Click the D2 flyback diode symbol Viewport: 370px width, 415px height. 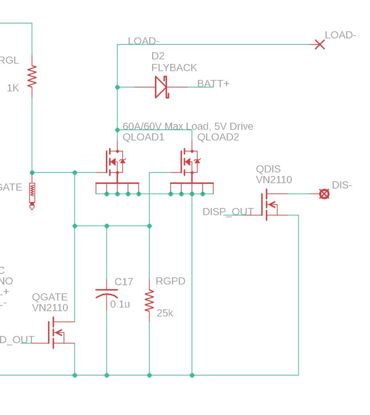161,87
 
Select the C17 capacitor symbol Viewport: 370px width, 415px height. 107,294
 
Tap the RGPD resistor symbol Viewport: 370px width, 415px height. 149,301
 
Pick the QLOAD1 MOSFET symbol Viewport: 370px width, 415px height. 114,162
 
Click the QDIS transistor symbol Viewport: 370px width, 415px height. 268,205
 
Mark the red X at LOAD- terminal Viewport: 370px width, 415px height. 319,44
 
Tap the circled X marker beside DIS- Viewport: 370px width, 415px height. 325,194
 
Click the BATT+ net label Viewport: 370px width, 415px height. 213,84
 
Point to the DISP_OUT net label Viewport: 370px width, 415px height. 228,212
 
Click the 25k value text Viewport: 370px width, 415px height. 165,313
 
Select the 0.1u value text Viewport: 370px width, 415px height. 120,304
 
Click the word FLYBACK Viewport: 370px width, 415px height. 174,68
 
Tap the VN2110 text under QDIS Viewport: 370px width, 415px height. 274,180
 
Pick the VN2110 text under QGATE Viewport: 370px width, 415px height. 50,308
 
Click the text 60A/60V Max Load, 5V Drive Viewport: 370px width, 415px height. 188,126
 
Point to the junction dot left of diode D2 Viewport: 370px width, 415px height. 117,87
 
